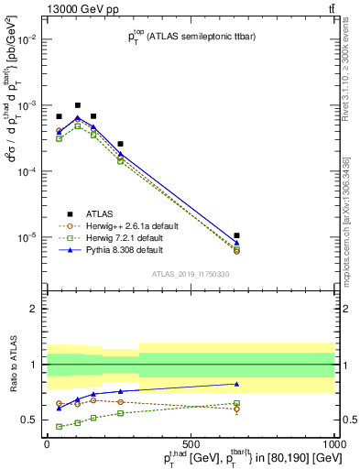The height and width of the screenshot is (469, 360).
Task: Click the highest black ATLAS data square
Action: [x=78, y=105]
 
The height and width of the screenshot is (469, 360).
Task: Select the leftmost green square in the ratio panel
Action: [x=60, y=426]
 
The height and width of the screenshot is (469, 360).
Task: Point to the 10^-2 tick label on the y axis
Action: [x=30, y=39]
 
